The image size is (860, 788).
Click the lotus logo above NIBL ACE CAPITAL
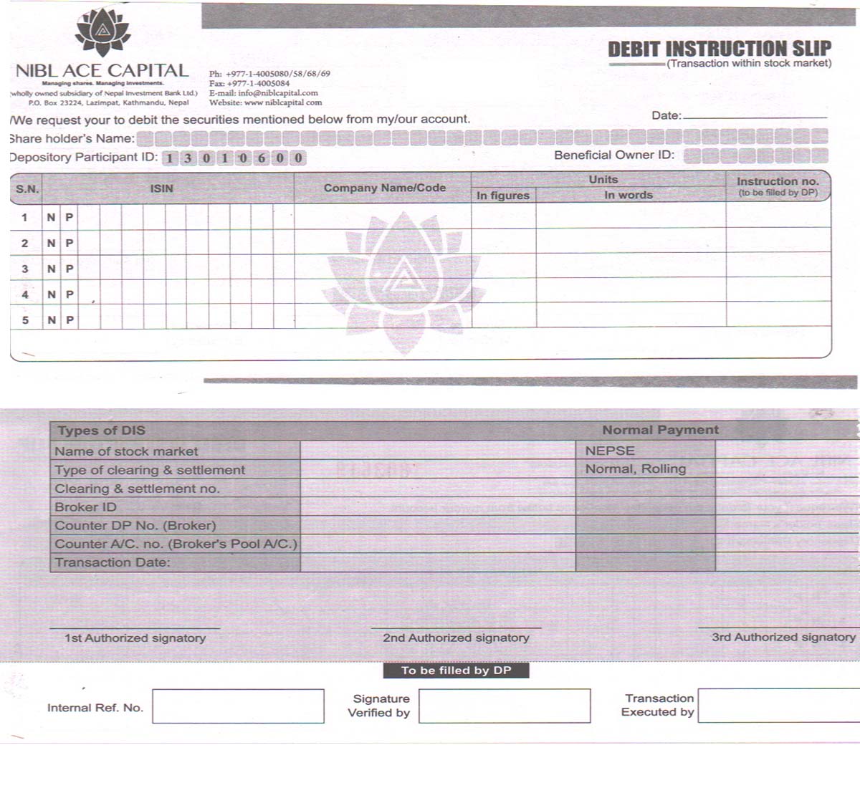(x=103, y=32)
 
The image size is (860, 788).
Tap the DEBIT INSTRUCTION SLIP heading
(x=719, y=49)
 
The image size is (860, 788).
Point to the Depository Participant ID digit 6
(x=262, y=158)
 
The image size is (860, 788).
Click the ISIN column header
(x=161, y=188)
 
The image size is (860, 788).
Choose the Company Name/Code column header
(x=384, y=188)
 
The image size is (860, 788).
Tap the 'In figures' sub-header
(x=502, y=196)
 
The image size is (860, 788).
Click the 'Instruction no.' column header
(x=778, y=182)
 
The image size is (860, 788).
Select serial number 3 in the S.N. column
(x=25, y=269)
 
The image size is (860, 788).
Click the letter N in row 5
(x=52, y=320)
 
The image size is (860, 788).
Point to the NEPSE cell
(x=610, y=451)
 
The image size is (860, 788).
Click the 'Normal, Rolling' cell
(x=635, y=469)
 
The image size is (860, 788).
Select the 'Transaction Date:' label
(x=113, y=562)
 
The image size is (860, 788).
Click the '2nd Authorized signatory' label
(x=456, y=638)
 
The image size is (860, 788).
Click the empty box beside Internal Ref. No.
(x=238, y=706)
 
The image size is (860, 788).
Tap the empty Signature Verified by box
(x=505, y=706)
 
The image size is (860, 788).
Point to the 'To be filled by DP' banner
(x=456, y=671)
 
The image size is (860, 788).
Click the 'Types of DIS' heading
(x=101, y=431)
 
